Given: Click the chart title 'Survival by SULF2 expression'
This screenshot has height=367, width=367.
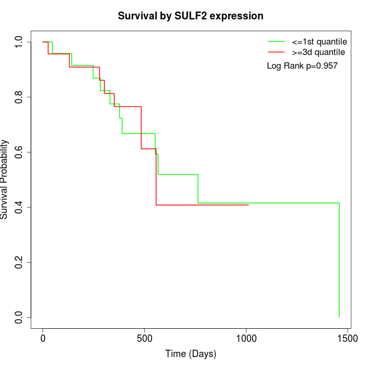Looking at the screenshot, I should click(x=190, y=16).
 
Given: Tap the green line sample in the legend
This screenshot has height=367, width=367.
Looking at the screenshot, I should click(x=276, y=41).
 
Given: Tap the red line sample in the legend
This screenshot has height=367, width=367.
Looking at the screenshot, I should click(x=276, y=52).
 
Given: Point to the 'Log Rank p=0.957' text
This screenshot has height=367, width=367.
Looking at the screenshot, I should click(x=302, y=66).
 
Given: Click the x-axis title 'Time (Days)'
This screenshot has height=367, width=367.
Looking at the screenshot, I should click(x=190, y=354).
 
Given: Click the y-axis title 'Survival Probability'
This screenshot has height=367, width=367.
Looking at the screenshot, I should click(x=5, y=179).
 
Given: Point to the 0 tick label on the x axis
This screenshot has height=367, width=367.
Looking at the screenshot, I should click(x=43, y=339).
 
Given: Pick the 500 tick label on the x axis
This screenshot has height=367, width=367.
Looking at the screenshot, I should click(x=144, y=339).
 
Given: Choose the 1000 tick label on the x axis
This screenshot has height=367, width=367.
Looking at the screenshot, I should click(x=245, y=339).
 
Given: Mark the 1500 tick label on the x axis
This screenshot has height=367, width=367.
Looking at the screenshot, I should click(x=347, y=339).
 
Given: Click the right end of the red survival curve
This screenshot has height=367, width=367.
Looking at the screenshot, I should click(x=249, y=205).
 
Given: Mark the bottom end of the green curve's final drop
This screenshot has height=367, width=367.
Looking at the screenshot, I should click(x=339, y=317).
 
